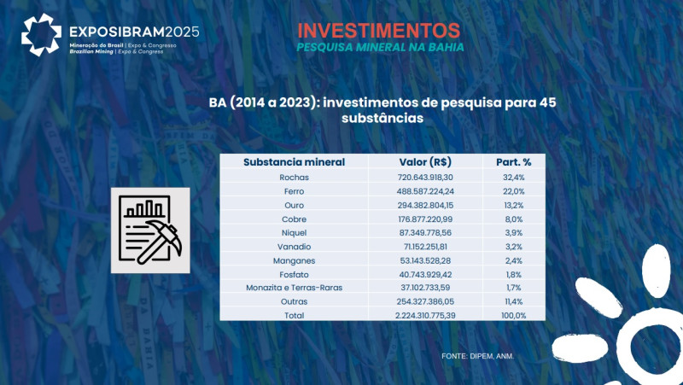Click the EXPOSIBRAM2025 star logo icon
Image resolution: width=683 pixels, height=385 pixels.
[x=41, y=35]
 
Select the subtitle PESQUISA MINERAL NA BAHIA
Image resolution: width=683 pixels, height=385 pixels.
[x=380, y=47]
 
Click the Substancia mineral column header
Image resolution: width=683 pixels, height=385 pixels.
[x=294, y=162]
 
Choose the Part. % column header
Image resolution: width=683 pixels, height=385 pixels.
[x=514, y=162]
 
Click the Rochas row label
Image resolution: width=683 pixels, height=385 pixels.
[x=294, y=178]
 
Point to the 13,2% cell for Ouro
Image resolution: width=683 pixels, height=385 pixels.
[x=514, y=205]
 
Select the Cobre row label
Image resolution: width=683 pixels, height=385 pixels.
[x=294, y=219]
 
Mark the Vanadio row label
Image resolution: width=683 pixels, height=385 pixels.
[x=294, y=246]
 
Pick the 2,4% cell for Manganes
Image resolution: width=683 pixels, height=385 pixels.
[x=514, y=260]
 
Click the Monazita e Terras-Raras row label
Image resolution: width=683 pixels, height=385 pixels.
[x=294, y=287]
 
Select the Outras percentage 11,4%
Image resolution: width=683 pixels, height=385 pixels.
[x=514, y=301]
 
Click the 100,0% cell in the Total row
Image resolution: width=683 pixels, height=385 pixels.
[x=514, y=315]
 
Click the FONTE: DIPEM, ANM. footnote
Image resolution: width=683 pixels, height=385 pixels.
[x=478, y=354]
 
